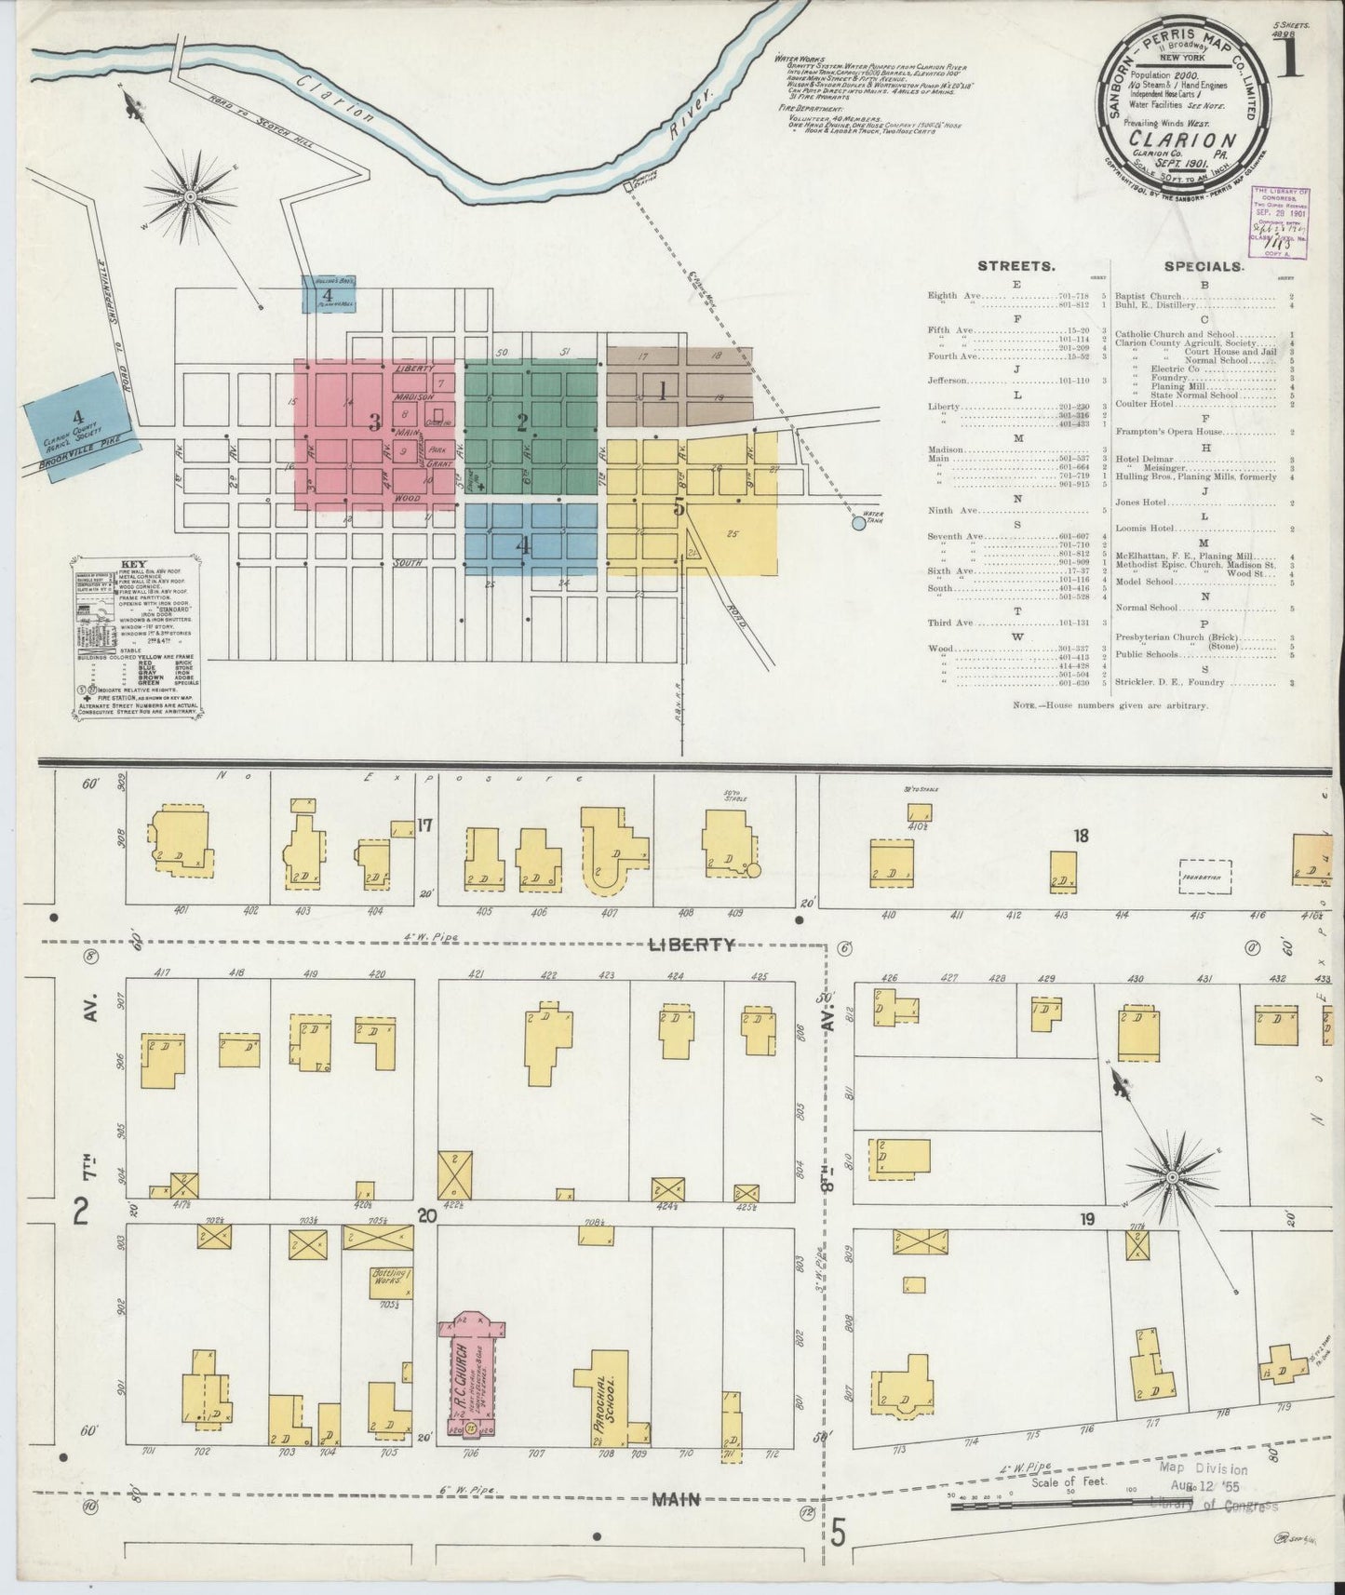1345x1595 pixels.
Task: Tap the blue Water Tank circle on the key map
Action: pyautogui.click(x=858, y=524)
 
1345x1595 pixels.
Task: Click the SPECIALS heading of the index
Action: pyautogui.click(x=1203, y=266)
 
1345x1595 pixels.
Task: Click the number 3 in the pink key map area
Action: pyautogui.click(x=374, y=424)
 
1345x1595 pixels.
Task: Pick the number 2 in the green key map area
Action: pyautogui.click(x=522, y=422)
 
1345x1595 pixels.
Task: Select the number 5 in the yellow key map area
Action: pyautogui.click(x=679, y=507)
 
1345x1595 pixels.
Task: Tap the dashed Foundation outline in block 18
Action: pyautogui.click(x=1204, y=877)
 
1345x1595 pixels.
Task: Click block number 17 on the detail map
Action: pyautogui.click(x=425, y=824)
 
